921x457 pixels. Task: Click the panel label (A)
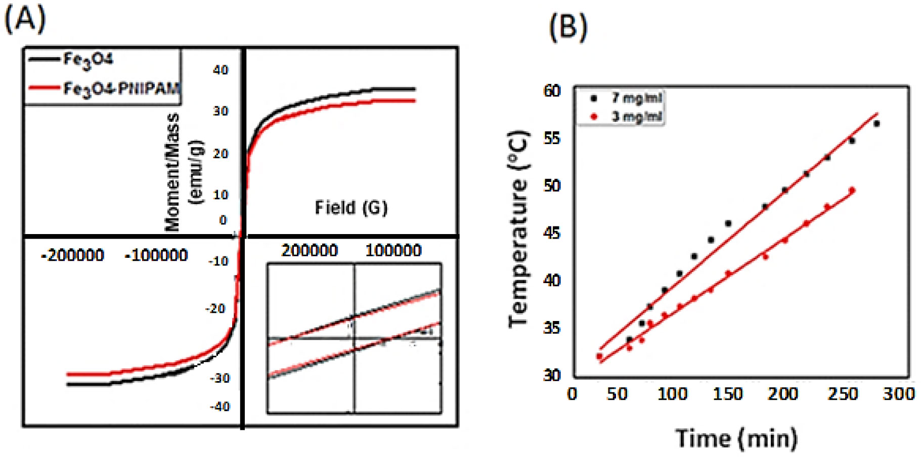click(x=25, y=20)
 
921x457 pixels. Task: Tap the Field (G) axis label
click(x=351, y=207)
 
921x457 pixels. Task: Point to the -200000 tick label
click(x=73, y=255)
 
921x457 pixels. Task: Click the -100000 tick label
click(x=156, y=255)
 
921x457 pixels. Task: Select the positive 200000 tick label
click(x=309, y=250)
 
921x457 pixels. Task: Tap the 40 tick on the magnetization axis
click(x=221, y=70)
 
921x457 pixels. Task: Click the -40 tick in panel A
click(x=220, y=406)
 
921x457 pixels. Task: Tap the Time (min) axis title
click(x=736, y=438)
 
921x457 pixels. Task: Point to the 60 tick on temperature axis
click(x=552, y=91)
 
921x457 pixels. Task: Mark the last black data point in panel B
click(x=876, y=123)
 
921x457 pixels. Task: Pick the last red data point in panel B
click(x=852, y=191)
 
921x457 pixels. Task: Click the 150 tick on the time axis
click(x=728, y=393)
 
